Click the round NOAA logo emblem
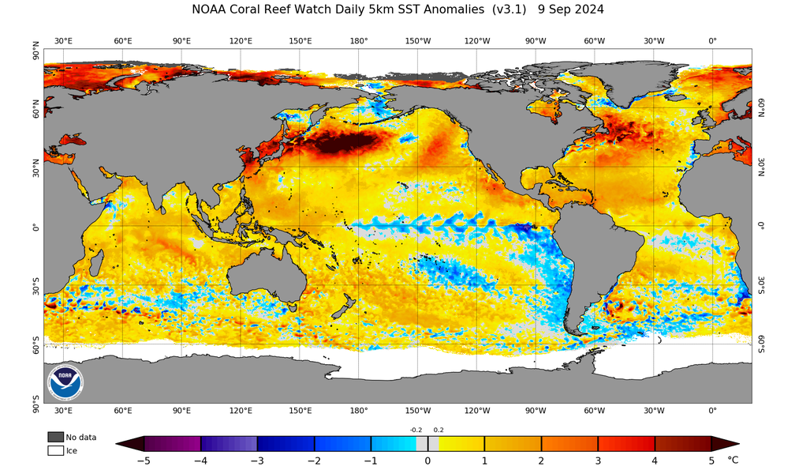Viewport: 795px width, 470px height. (x=64, y=383)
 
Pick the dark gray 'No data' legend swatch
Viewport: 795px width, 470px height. (x=55, y=437)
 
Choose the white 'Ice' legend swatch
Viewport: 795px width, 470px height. (x=55, y=450)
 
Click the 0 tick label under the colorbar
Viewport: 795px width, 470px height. (x=427, y=460)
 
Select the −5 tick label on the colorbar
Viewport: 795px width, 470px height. (x=143, y=460)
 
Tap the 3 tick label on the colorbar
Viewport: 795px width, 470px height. (x=598, y=460)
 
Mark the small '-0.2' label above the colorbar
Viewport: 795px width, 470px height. (x=416, y=430)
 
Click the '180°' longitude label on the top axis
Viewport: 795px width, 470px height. (x=359, y=41)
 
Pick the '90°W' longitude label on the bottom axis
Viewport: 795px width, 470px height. (x=536, y=411)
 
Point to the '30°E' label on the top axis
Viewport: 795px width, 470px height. (x=64, y=41)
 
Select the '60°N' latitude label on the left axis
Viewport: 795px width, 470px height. (x=35, y=107)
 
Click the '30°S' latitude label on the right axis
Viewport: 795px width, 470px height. (x=761, y=285)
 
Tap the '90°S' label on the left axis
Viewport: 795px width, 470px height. (x=35, y=404)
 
